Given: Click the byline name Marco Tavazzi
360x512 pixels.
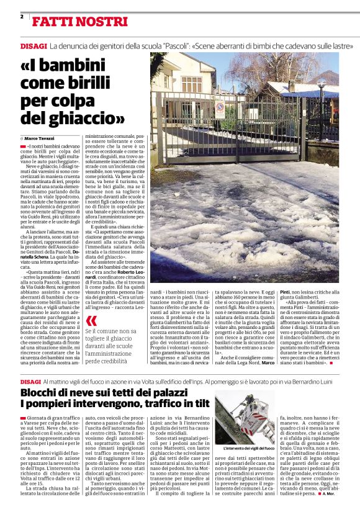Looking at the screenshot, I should [x=40, y=138].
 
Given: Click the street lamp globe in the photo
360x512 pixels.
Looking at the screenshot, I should [x=322, y=85].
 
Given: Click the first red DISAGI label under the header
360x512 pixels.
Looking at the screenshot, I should [x=33, y=46].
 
